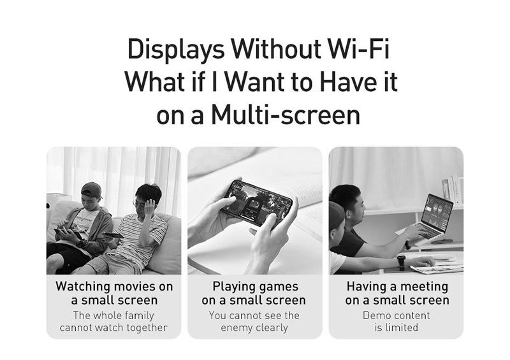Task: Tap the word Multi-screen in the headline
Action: coord(286,115)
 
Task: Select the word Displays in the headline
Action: coord(176,50)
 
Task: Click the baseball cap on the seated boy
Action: coord(91,189)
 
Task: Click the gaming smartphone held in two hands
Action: coord(256,203)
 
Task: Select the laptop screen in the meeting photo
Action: coord(437,210)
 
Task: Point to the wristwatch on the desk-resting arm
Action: coord(402,263)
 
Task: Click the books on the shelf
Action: coord(453,190)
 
